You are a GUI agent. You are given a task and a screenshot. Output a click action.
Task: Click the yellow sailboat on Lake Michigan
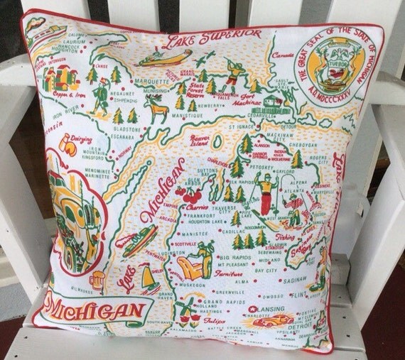pyautogui.click(x=148, y=277)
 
